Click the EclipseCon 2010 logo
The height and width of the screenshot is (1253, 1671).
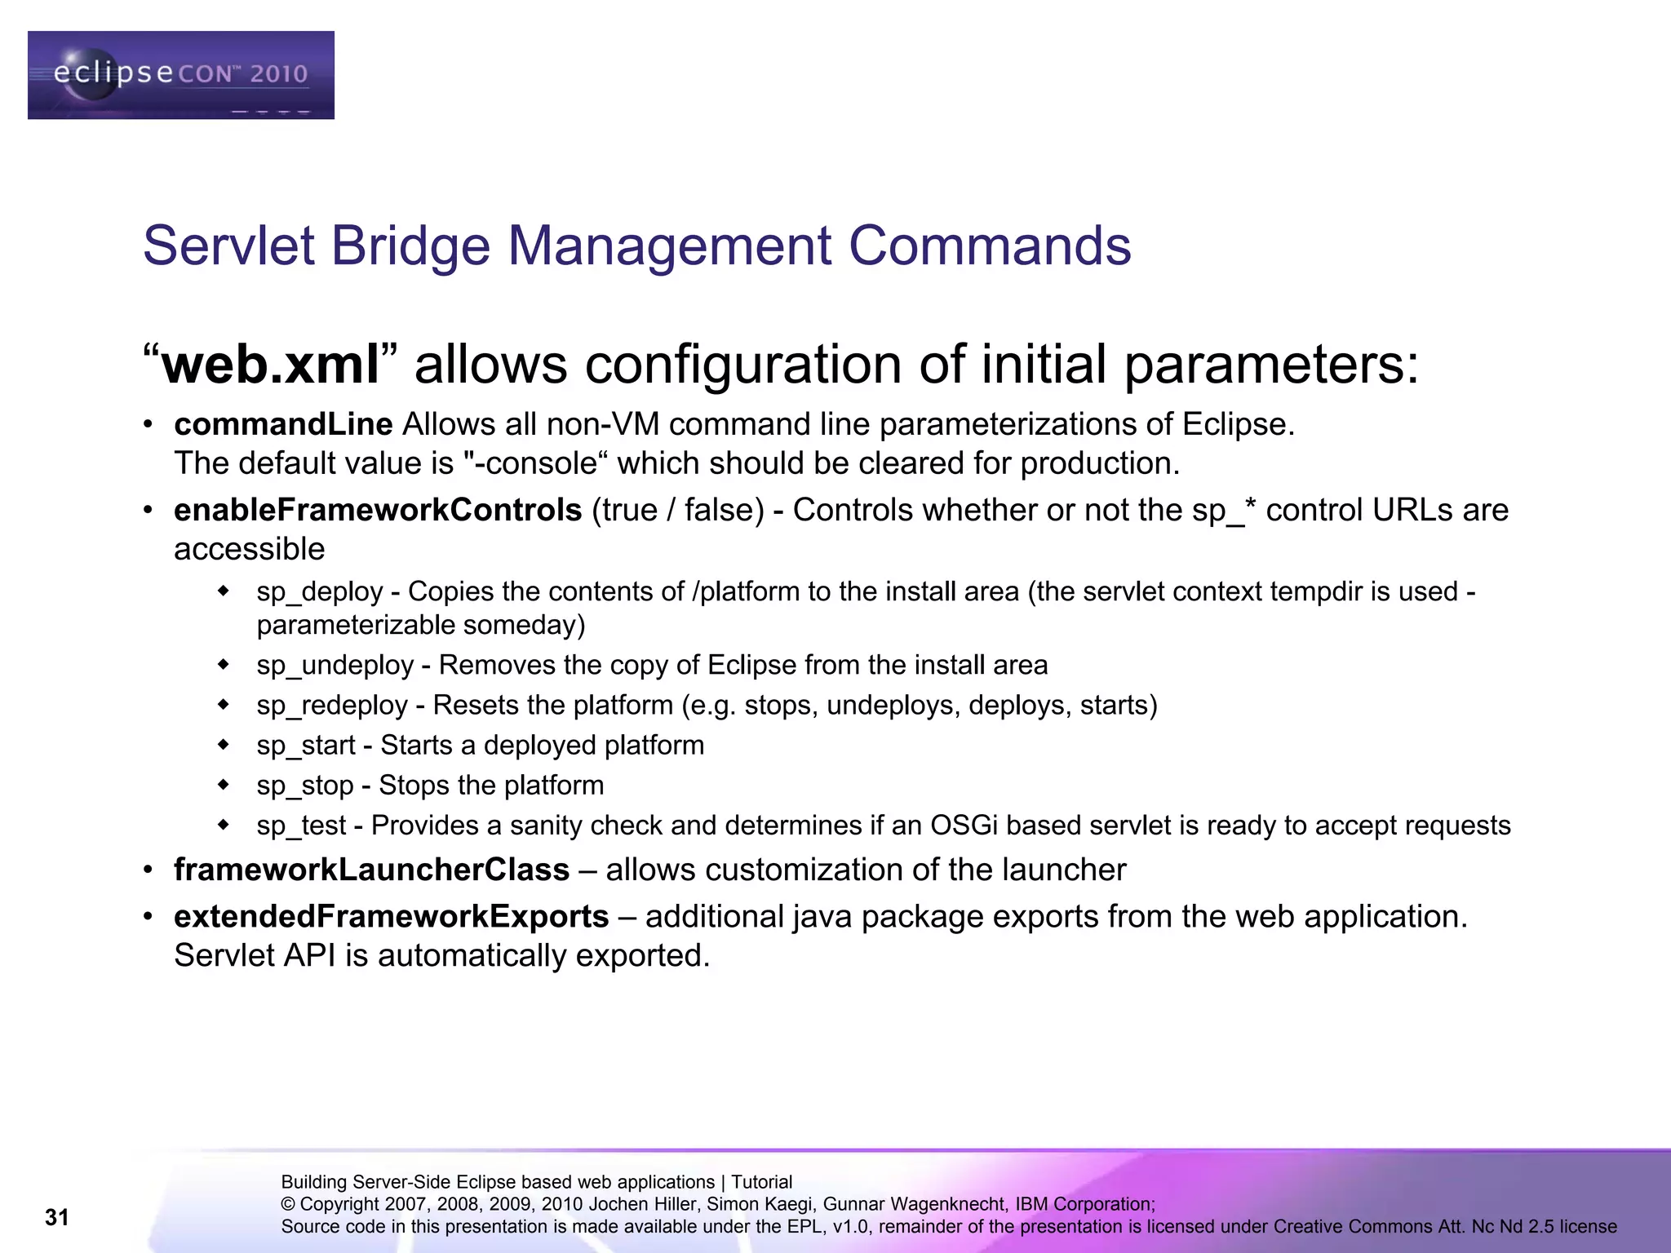[x=180, y=75]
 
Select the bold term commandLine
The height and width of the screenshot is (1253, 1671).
[x=283, y=424]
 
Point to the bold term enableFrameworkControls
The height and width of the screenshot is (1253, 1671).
[x=378, y=510]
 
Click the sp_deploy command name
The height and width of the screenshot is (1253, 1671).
[x=319, y=591]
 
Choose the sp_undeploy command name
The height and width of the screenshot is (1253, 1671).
[x=335, y=665]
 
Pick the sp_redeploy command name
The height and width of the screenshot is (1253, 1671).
[x=331, y=705]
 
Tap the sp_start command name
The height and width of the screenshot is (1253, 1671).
[x=306, y=745]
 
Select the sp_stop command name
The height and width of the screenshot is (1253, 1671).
[x=305, y=785]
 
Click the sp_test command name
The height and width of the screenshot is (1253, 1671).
[x=301, y=826]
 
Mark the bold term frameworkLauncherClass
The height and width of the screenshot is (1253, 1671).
[x=371, y=870]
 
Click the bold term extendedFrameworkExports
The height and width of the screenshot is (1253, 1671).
[x=391, y=916]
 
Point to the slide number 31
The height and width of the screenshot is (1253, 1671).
[x=57, y=1217]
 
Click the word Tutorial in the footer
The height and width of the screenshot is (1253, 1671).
[x=761, y=1182]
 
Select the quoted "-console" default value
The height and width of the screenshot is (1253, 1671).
[x=536, y=463]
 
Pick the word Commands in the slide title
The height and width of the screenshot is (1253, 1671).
[x=990, y=246]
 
